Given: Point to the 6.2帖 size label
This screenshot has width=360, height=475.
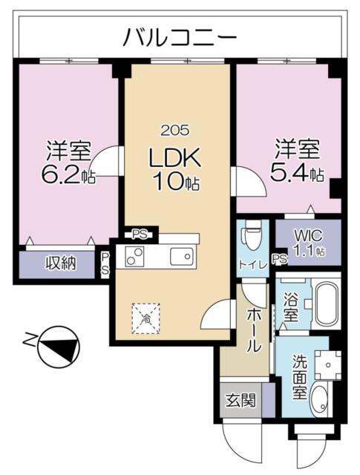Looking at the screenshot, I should click(68, 176).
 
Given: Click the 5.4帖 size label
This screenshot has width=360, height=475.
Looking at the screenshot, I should click(299, 174).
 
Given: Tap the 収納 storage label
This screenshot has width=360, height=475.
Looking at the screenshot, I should click(62, 263).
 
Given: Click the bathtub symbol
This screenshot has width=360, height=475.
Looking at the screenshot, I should click(326, 304).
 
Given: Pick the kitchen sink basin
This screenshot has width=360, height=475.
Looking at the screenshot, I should click(180, 257).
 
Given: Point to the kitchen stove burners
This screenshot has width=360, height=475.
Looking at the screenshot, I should click(137, 257).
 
